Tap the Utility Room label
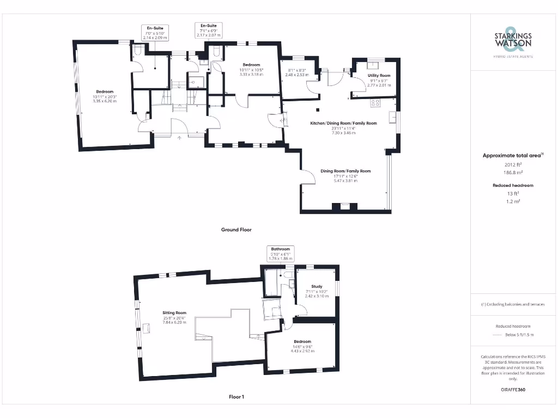pyautogui.click(x=379, y=76)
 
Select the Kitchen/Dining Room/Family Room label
pyautogui.click(x=343, y=124)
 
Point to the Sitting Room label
pyautogui.click(x=174, y=313)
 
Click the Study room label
pyautogui.click(x=317, y=286)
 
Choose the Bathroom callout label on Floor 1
pyautogui.click(x=281, y=249)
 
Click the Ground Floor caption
pyautogui.click(x=236, y=230)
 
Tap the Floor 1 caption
pyautogui.click(x=236, y=397)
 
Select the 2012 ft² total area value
pyautogui.click(x=512, y=164)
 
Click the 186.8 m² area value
pyautogui.click(x=512, y=172)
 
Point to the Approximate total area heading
pyautogui.click(x=512, y=156)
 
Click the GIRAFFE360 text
pyautogui.click(x=513, y=390)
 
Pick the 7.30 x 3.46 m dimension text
pyautogui.click(x=343, y=133)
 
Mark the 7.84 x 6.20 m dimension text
pyautogui.click(x=174, y=322)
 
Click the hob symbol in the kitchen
pyautogui.click(x=375, y=103)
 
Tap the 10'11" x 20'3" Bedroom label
pyautogui.click(x=105, y=91)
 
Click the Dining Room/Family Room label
pyautogui.click(x=345, y=171)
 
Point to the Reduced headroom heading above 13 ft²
pyautogui.click(x=512, y=186)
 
